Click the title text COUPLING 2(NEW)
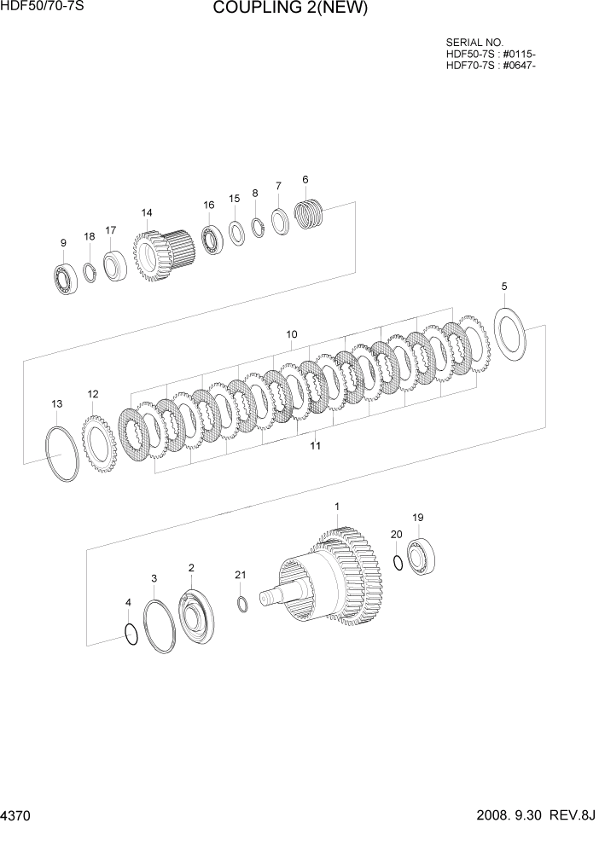coord(290,9)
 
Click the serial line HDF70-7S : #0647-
coord(491,67)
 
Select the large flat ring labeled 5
coord(511,335)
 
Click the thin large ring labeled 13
coord(61,454)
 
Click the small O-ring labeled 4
coord(130,634)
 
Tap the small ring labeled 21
coord(241,604)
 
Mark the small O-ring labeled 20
coord(398,561)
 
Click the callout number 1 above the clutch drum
coord(336,507)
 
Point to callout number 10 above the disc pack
coord(291,334)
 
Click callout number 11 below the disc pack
coord(315,445)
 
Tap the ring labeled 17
coord(113,264)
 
